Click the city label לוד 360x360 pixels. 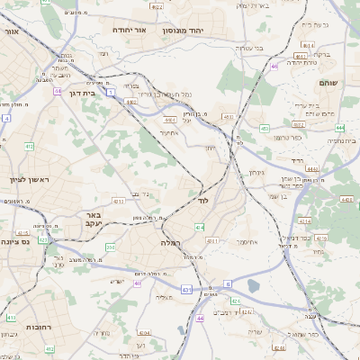(x=202, y=201)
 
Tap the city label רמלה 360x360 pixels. (x=171, y=243)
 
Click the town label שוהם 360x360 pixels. (x=328, y=82)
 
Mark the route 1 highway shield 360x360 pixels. (x=110, y=91)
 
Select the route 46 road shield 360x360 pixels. (x=273, y=66)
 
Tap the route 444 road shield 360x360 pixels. (x=314, y=130)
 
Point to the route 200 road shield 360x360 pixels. (x=110, y=246)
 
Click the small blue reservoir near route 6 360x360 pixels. (x=253, y=286)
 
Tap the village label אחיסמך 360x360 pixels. (x=248, y=242)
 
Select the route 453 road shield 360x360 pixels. (x=229, y=117)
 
